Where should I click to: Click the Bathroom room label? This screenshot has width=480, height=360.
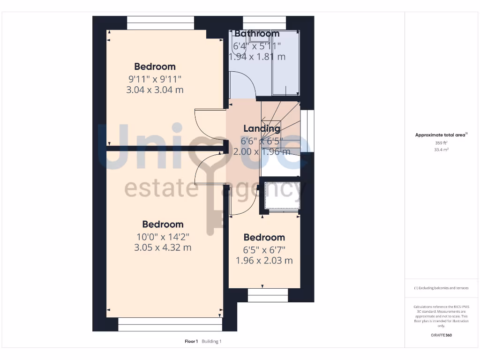click(x=257, y=34)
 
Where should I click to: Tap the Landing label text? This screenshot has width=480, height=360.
click(x=262, y=128)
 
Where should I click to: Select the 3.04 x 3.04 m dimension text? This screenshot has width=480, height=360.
click(x=155, y=90)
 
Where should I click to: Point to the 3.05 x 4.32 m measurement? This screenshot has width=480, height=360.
click(x=163, y=247)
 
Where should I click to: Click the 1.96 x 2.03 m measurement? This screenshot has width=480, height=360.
click(x=264, y=261)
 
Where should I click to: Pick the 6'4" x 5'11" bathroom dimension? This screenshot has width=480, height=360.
click(x=257, y=46)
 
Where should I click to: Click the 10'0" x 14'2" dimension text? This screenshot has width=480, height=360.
click(x=163, y=236)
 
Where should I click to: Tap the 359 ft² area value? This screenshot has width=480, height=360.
click(x=441, y=142)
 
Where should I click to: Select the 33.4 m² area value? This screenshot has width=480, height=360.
click(x=441, y=150)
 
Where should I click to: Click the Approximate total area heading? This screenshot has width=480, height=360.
click(x=441, y=135)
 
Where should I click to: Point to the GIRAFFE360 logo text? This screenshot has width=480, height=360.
click(x=441, y=335)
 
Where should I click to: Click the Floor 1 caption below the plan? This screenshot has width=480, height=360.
click(x=191, y=341)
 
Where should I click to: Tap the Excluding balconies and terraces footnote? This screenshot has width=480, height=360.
click(x=441, y=288)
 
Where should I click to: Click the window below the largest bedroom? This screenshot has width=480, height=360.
click(x=169, y=324)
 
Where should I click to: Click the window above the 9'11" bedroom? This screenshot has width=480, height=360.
click(x=160, y=23)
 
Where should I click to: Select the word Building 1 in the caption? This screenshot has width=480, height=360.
click(x=211, y=341)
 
